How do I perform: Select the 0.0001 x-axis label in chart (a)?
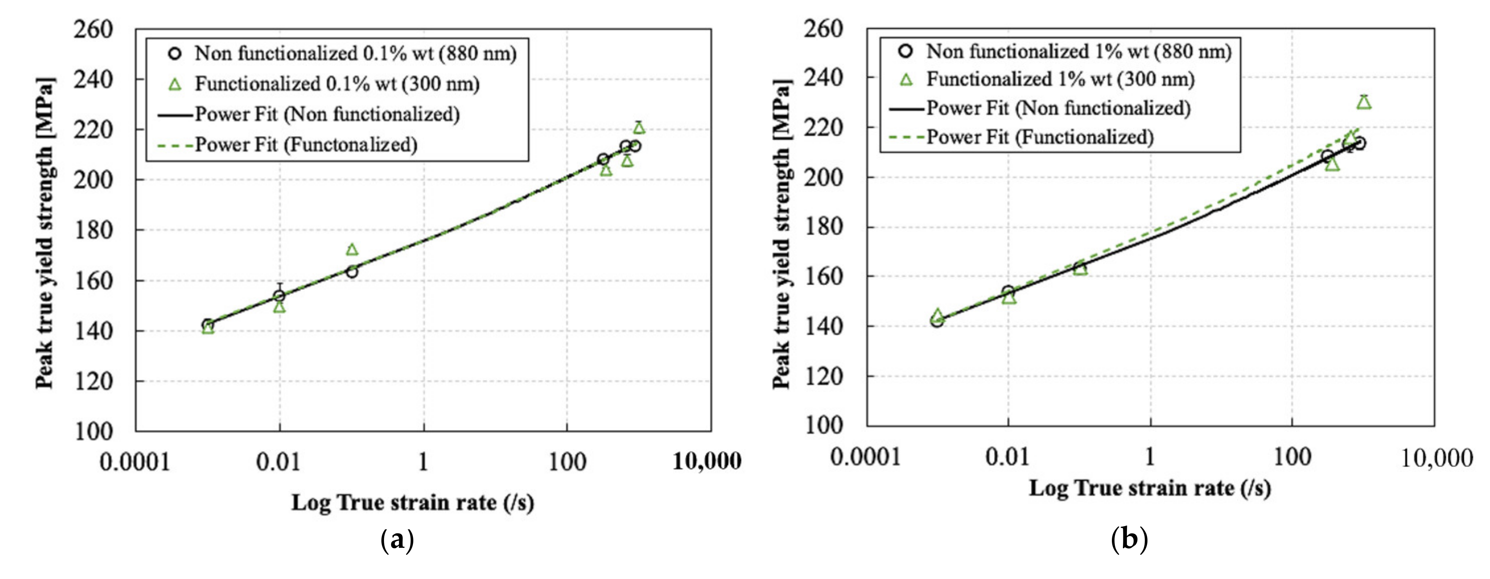tap(135, 462)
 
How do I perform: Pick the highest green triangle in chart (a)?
tap(639, 128)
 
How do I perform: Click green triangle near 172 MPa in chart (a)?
tap(352, 249)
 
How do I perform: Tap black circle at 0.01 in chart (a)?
tap(279, 296)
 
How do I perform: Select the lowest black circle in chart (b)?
tap(937, 320)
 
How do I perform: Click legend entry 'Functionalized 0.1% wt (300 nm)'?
tap(337, 84)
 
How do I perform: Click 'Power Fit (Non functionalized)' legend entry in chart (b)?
tap(1058, 108)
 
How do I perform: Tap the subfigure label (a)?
tap(398, 540)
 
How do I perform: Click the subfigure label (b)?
tap(1129, 539)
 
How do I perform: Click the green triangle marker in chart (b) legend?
tap(906, 80)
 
